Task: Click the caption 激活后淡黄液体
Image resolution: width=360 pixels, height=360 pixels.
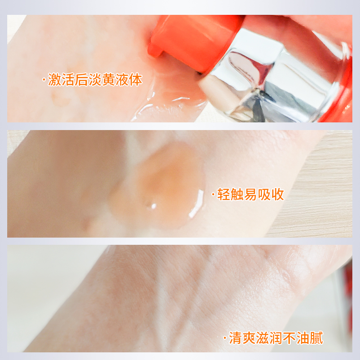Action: point(95,80)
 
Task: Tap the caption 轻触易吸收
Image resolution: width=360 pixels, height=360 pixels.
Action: point(251,194)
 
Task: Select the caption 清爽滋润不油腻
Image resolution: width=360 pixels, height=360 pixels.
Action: point(276,338)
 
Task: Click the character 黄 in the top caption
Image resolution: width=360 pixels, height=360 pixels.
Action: point(108,80)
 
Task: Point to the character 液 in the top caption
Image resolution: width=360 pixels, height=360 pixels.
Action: point(122,80)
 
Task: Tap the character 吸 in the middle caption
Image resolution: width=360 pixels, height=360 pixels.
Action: point(264,194)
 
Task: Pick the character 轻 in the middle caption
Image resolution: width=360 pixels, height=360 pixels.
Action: point(224,194)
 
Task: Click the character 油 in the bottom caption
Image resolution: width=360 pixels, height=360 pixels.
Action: point(303,338)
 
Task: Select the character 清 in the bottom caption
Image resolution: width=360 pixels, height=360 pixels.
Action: point(235,338)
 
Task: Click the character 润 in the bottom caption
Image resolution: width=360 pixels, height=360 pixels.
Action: point(276,338)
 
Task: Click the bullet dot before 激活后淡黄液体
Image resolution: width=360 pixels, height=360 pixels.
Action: point(44,80)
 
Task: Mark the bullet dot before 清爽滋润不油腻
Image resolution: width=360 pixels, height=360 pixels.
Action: point(225,338)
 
